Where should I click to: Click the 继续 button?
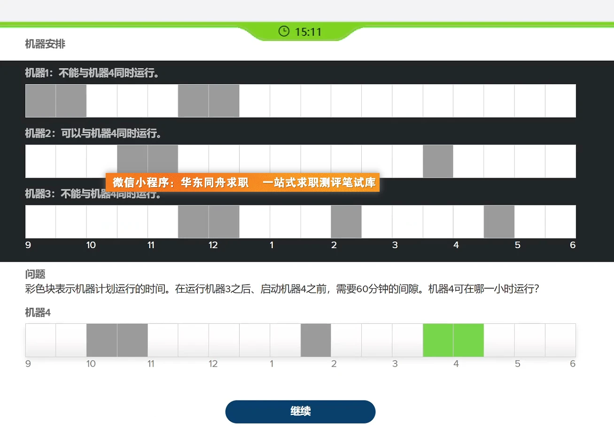click(x=300, y=412)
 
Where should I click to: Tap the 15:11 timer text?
click(x=308, y=32)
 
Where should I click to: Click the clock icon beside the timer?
click(x=284, y=31)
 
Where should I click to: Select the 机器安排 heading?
click(x=45, y=44)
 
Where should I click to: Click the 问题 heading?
click(x=35, y=274)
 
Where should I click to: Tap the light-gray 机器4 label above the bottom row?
click(x=38, y=313)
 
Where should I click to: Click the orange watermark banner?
click(x=242, y=182)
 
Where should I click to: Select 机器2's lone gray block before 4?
click(x=438, y=161)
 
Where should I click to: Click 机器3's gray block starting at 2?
click(x=346, y=221)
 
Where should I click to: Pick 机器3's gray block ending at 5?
click(x=499, y=221)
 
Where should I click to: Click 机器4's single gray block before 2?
click(x=316, y=340)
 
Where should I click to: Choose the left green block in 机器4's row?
click(x=438, y=340)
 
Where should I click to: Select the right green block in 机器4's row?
click(x=468, y=340)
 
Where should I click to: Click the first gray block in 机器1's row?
click(x=40, y=101)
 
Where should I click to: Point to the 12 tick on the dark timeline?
click(x=213, y=245)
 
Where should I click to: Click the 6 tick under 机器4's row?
click(x=572, y=364)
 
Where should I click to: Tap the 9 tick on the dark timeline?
click(x=28, y=245)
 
